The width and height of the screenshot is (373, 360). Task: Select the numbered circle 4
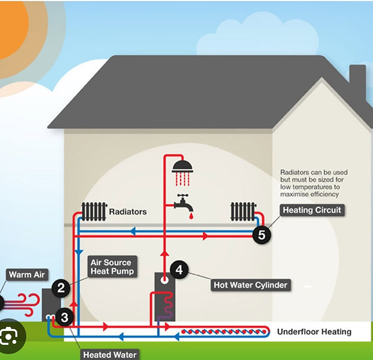(x=178, y=269)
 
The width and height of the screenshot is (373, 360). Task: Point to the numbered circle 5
(x=261, y=235)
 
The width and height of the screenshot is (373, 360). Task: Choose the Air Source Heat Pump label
(x=111, y=267)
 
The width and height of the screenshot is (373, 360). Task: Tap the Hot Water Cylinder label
(x=250, y=284)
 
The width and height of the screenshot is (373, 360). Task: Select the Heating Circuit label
(x=313, y=210)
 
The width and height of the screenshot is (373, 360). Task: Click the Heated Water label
(x=110, y=355)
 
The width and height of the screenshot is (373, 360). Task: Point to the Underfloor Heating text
(x=314, y=332)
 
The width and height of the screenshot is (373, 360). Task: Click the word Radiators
(x=127, y=212)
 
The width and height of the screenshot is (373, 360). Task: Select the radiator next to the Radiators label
(x=94, y=211)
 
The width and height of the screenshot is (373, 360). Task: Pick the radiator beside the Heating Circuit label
(x=243, y=211)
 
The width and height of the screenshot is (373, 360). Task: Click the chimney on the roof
(x=357, y=85)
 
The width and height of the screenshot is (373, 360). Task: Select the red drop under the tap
(x=190, y=216)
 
